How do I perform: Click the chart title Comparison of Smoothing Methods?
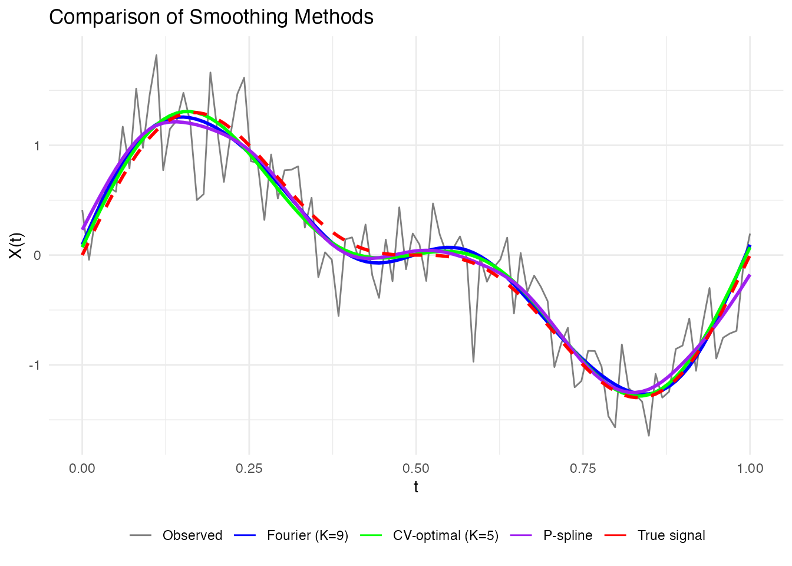pos(211,17)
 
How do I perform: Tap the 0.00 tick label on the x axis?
pos(82,469)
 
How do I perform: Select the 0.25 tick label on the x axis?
pos(249,469)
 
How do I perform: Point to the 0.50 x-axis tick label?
pos(416,469)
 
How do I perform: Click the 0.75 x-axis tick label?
pos(583,469)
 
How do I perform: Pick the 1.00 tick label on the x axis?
pos(750,469)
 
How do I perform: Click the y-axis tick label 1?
pos(37,146)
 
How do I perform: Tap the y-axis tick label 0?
pos(37,255)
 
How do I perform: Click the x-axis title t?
pos(416,487)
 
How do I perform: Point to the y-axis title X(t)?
pos(16,245)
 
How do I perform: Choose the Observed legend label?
pos(192,535)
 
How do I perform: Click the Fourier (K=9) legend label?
pos(308,535)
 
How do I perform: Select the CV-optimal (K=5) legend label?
pos(445,535)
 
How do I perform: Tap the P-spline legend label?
pos(567,535)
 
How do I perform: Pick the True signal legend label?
pos(671,535)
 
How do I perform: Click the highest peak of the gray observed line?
pos(156,55)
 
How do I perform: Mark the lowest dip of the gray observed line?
pos(649,436)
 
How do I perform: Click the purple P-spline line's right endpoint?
pos(750,275)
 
